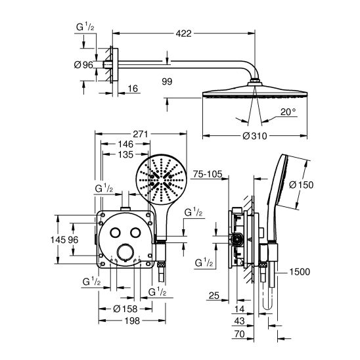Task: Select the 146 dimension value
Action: tap(125, 144)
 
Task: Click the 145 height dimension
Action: tap(58, 240)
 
